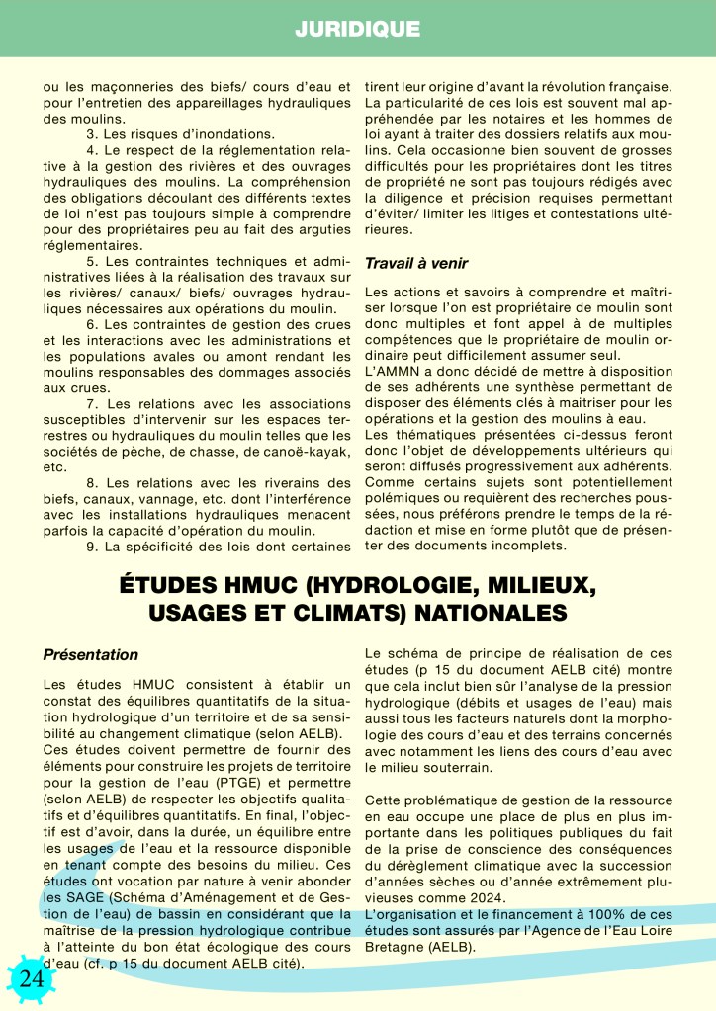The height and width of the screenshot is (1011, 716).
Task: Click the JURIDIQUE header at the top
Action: point(357,30)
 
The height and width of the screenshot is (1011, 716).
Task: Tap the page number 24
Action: point(31,977)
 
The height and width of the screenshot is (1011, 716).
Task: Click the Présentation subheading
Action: point(91,654)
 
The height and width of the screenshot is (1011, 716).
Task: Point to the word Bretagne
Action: point(399,946)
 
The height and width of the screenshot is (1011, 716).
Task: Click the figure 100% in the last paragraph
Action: point(588,914)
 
